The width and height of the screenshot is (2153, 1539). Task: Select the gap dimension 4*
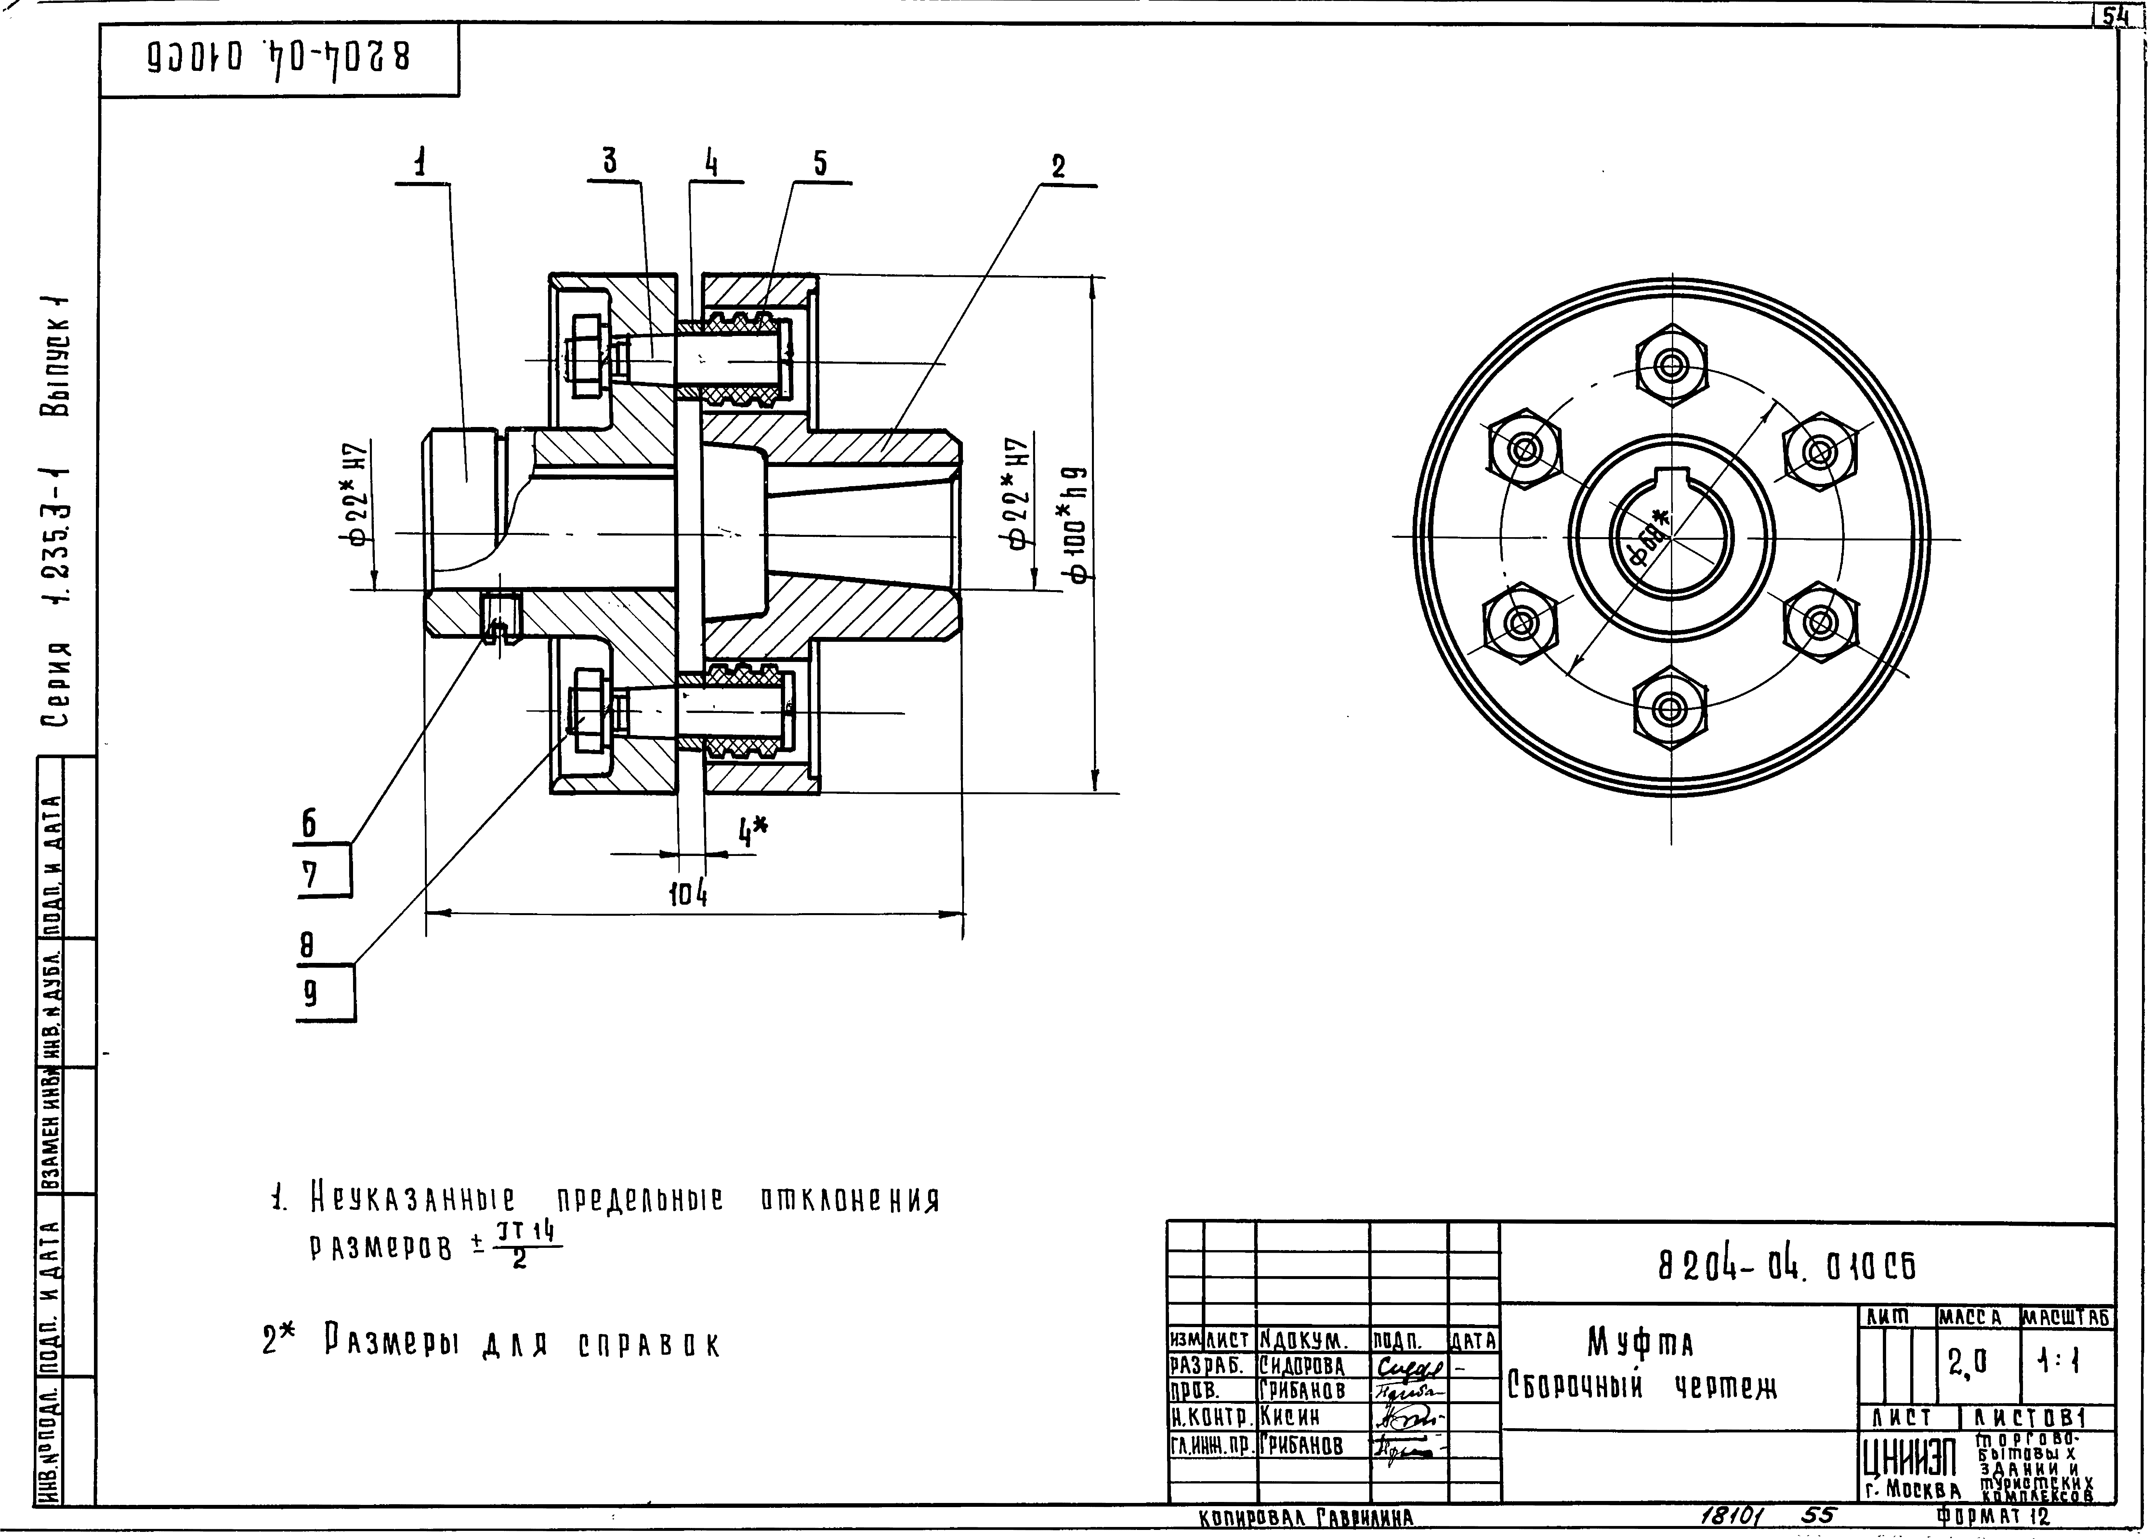(754, 833)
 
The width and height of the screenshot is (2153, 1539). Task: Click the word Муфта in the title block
(1640, 1343)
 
